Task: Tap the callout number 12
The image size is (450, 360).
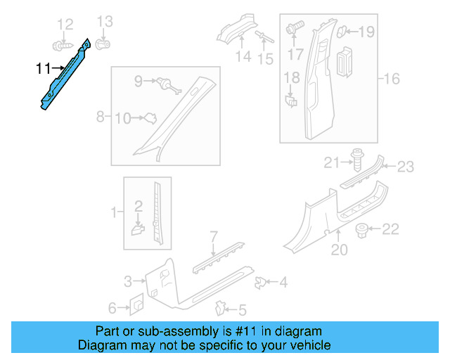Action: pos(65,25)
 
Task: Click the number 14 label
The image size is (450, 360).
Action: pos(243,56)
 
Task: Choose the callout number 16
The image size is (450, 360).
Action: pos(391,79)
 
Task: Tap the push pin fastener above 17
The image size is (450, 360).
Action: pos(294,30)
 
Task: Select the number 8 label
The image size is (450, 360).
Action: pos(100,116)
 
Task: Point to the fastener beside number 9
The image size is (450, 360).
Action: pos(167,84)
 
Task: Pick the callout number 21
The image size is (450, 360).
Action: pos(332,164)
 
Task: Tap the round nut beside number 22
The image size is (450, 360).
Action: pos(364,229)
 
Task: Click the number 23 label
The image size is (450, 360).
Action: pos(406,167)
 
